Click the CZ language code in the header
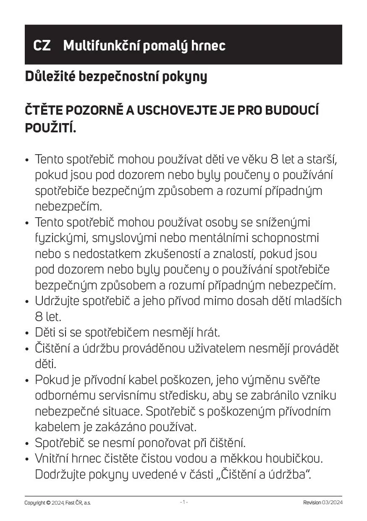(42, 45)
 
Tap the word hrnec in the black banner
(208, 45)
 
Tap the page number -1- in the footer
(184, 502)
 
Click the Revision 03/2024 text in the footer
(322, 503)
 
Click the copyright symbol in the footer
(48, 503)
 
